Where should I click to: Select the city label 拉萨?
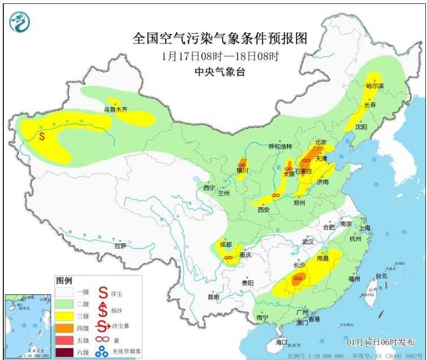[x=120, y=246]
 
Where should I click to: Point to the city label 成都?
[x=226, y=244]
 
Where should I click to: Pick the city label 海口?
[x=282, y=342]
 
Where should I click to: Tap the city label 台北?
[x=382, y=276]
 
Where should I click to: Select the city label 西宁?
[x=209, y=187]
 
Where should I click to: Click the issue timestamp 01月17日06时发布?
[x=380, y=342]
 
